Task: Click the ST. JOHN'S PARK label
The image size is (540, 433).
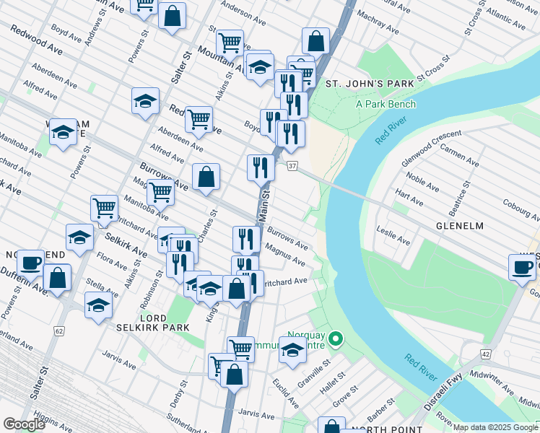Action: pos(369,84)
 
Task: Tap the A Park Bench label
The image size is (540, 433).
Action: pos(386,104)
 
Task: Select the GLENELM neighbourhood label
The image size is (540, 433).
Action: pos(460,225)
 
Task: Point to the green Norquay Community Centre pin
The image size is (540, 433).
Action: pos(335,338)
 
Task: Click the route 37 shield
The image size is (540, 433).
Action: pos(292,167)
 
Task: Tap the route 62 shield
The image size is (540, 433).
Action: pos(58,331)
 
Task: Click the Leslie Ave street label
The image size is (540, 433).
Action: pos(393,236)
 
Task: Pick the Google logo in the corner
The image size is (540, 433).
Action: pos(24,424)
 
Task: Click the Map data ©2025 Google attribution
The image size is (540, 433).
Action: pos(495,427)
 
